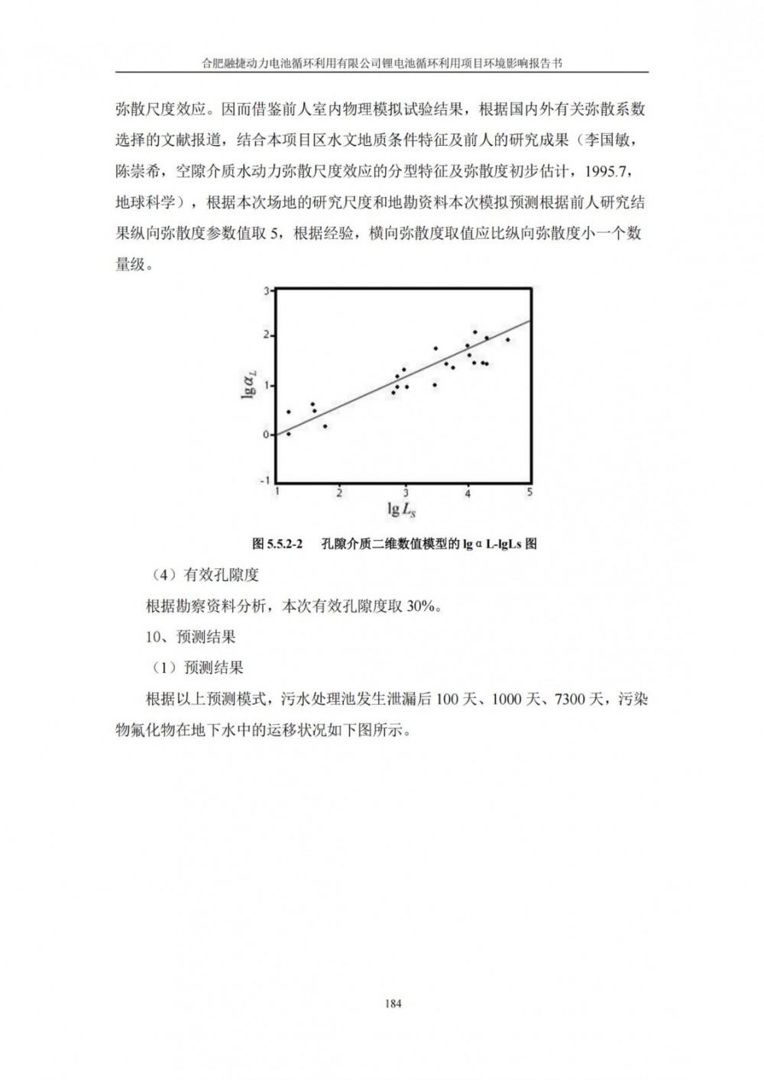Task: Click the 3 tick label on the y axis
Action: tap(267, 291)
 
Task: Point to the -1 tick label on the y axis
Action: tap(266, 480)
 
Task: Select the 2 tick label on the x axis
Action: tap(340, 493)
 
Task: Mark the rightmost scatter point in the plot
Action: tap(507, 340)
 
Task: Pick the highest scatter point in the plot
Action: tap(474, 332)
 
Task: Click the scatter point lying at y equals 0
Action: tap(288, 434)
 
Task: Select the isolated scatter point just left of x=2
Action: tap(325, 426)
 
